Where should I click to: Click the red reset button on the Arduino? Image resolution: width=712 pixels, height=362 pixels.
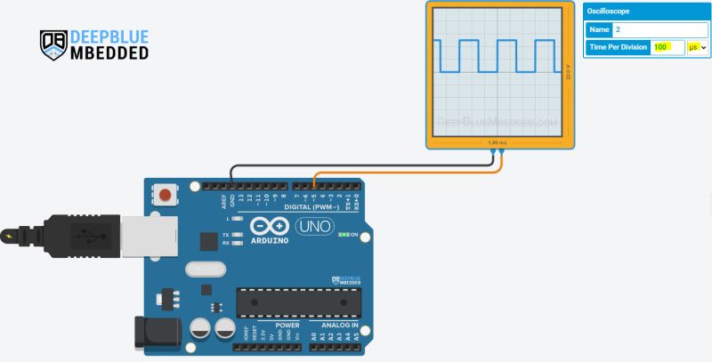(x=165, y=193)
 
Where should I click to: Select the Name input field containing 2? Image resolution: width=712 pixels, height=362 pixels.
(x=659, y=29)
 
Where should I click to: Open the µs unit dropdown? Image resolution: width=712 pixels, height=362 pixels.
(x=697, y=47)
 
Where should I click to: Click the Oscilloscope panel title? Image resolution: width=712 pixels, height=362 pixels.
(x=609, y=12)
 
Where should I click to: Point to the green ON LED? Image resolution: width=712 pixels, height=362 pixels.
(x=344, y=234)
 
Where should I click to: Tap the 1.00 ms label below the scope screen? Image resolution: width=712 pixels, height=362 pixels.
(x=498, y=142)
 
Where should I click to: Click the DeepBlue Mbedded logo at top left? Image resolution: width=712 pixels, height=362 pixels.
(x=93, y=44)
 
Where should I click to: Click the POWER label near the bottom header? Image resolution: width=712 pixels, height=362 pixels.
(x=287, y=326)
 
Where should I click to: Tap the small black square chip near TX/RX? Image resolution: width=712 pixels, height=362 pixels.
(x=209, y=242)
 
